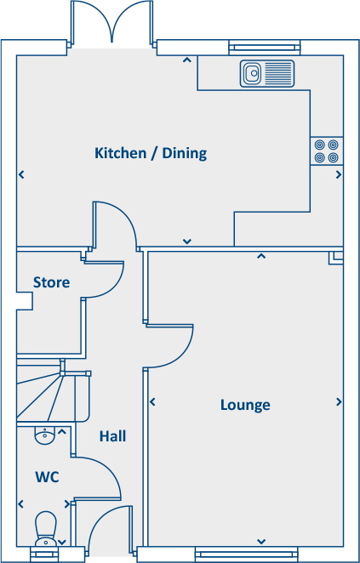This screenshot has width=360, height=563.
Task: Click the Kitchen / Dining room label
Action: pos(163,154)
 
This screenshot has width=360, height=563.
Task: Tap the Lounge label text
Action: pos(245,405)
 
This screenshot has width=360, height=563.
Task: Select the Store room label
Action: pos(51,282)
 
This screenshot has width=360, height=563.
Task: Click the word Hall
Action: pos(112,436)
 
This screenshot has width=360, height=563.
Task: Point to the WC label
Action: pos(47,477)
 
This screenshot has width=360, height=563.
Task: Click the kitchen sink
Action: pos(266,74)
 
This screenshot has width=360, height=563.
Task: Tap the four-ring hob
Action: pos(327,151)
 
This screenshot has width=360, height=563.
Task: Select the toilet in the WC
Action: pos(45,527)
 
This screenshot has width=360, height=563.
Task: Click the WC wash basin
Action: pos(45,436)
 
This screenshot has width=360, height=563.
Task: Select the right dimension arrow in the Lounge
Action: pos(339,402)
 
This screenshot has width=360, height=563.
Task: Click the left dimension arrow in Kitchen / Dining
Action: pos(21,175)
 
